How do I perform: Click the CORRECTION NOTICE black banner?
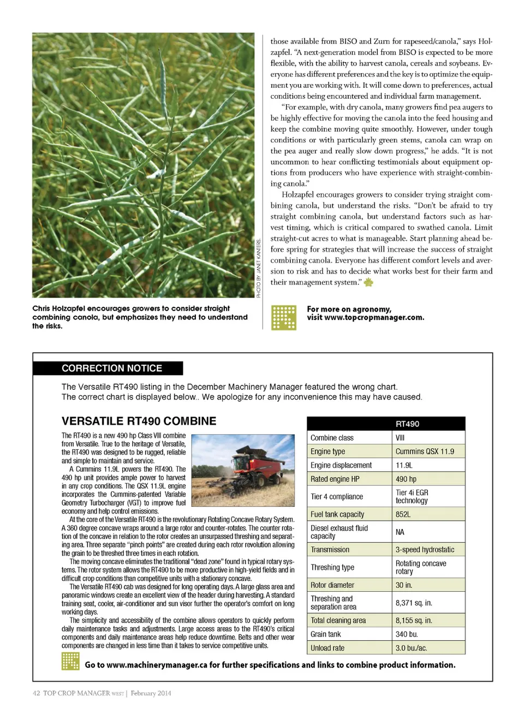(x=112, y=368)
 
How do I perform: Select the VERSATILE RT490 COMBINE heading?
(x=139, y=421)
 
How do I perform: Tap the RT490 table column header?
(x=407, y=424)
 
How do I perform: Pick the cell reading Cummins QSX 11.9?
(x=424, y=451)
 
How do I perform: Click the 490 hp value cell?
(x=406, y=479)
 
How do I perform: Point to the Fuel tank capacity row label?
(x=337, y=514)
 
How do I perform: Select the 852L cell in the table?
(x=403, y=514)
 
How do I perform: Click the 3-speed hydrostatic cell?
(x=425, y=550)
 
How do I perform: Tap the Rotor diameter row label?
(x=332, y=585)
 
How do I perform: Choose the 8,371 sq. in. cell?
(x=413, y=603)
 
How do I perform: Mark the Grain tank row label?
(x=326, y=634)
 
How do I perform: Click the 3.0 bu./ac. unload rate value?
(x=412, y=648)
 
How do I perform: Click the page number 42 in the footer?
(x=36, y=693)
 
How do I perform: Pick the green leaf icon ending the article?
(x=368, y=282)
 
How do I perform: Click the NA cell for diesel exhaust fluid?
(x=400, y=532)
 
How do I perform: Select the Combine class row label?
(x=332, y=438)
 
